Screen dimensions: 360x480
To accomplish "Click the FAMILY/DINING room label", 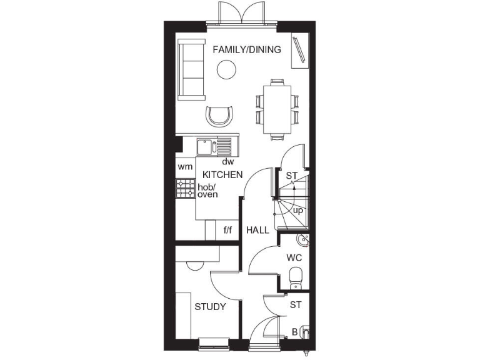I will pos(247,49).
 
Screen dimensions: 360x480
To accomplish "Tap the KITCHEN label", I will pos(222,175).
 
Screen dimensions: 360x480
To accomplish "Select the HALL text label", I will pos(257,230).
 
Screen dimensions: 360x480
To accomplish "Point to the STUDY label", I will pos(210,307).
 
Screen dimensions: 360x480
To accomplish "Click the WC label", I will pos(294,257).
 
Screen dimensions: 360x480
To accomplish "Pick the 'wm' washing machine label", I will pos(184,167).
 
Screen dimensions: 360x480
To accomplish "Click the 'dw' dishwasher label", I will pos(227,161).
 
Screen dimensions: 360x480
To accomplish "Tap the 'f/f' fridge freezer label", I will pos(227,230).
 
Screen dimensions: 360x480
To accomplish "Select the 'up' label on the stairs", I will pos(298,211).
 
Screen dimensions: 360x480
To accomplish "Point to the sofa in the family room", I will pos(191,69).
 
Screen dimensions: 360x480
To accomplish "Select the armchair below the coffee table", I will pos(220,116).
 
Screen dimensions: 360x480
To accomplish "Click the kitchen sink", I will pos(205,147).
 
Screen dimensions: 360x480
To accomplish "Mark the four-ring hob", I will pos(186,189).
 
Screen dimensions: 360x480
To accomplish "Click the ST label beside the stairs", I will pos(291,176).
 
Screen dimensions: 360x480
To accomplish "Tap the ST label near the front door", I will pos(296,305).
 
